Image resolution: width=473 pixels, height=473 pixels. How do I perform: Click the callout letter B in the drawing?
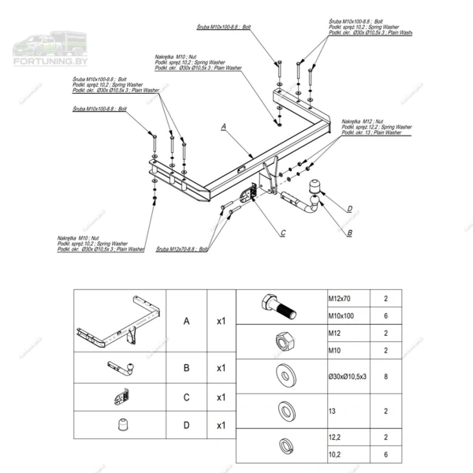tap(349, 233)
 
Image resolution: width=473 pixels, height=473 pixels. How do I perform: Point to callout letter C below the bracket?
tap(282, 232)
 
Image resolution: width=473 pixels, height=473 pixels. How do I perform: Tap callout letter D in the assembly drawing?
tap(349, 208)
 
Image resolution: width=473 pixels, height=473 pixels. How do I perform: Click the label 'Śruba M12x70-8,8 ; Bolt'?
tap(182, 248)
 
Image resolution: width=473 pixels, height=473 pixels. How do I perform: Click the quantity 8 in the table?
tap(385, 378)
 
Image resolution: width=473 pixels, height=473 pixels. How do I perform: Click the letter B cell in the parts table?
tap(186, 368)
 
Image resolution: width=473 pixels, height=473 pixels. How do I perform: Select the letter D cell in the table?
tap(186, 426)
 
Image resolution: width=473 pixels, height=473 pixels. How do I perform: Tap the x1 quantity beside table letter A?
tap(222, 322)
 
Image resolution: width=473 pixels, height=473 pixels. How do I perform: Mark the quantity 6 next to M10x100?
tap(385, 315)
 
